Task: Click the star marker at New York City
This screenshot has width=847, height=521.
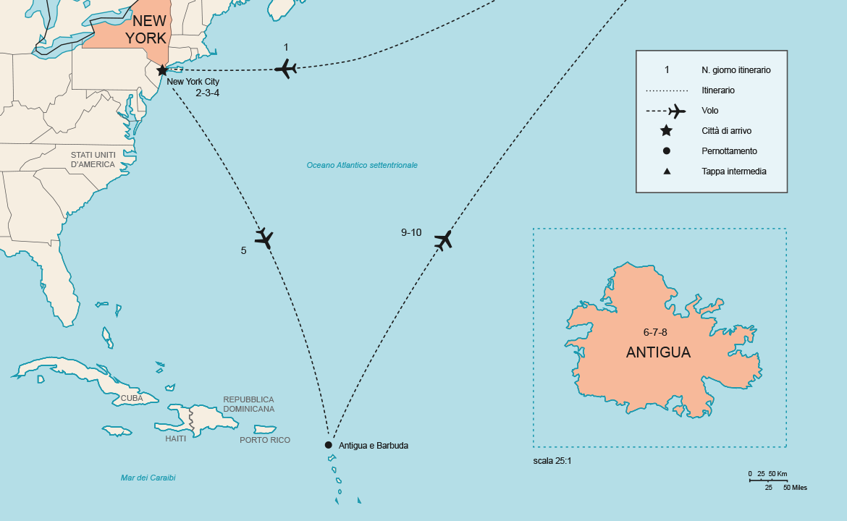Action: tap(162, 70)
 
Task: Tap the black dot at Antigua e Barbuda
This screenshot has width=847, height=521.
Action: tap(329, 445)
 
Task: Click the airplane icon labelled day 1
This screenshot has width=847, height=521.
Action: tap(286, 69)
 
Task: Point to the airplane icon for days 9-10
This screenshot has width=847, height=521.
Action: tap(444, 240)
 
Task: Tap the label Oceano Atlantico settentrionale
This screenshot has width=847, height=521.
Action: tap(362, 165)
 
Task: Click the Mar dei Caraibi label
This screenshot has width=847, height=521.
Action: tap(148, 478)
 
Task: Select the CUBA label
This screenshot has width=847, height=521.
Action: tap(131, 398)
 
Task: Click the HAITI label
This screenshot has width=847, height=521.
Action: tap(175, 439)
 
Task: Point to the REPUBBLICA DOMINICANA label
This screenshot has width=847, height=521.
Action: tap(248, 404)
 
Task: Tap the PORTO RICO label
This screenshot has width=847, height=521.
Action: tap(265, 440)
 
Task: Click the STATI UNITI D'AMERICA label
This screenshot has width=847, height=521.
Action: tap(93, 159)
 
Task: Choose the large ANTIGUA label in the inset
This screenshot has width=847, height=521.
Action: tap(658, 353)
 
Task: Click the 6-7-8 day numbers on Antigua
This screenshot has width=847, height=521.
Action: tap(655, 331)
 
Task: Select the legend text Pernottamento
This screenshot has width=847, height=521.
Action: tap(729, 151)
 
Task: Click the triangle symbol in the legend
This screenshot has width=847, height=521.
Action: tap(666, 171)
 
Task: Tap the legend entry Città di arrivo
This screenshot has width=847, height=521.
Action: tap(726, 131)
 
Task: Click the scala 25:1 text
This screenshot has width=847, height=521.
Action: tap(552, 460)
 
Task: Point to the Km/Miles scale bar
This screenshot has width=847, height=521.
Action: tap(767, 480)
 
